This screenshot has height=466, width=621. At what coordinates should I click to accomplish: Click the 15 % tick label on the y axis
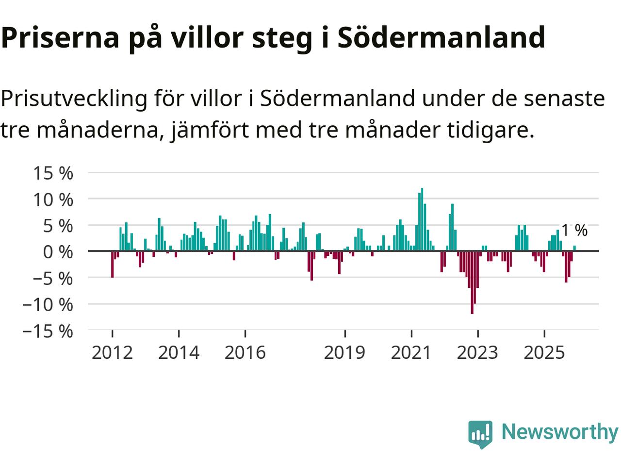click(53, 173)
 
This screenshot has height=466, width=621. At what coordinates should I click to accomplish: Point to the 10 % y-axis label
click(53, 200)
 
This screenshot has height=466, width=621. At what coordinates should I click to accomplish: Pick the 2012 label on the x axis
click(112, 352)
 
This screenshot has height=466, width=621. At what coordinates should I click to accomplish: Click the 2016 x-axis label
click(245, 352)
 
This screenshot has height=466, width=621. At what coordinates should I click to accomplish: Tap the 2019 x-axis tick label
click(344, 352)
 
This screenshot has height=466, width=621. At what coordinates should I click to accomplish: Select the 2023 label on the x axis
click(477, 352)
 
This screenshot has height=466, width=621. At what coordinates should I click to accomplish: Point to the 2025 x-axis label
click(544, 352)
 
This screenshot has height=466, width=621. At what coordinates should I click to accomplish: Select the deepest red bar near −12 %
click(472, 283)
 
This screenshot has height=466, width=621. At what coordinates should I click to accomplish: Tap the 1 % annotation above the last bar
click(574, 231)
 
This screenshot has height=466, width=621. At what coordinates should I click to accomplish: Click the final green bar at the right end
click(574, 249)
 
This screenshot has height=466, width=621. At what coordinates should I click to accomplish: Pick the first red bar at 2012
click(112, 264)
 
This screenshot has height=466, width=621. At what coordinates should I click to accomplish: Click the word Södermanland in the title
click(441, 37)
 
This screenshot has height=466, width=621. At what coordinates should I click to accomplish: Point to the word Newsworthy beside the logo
click(559, 432)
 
